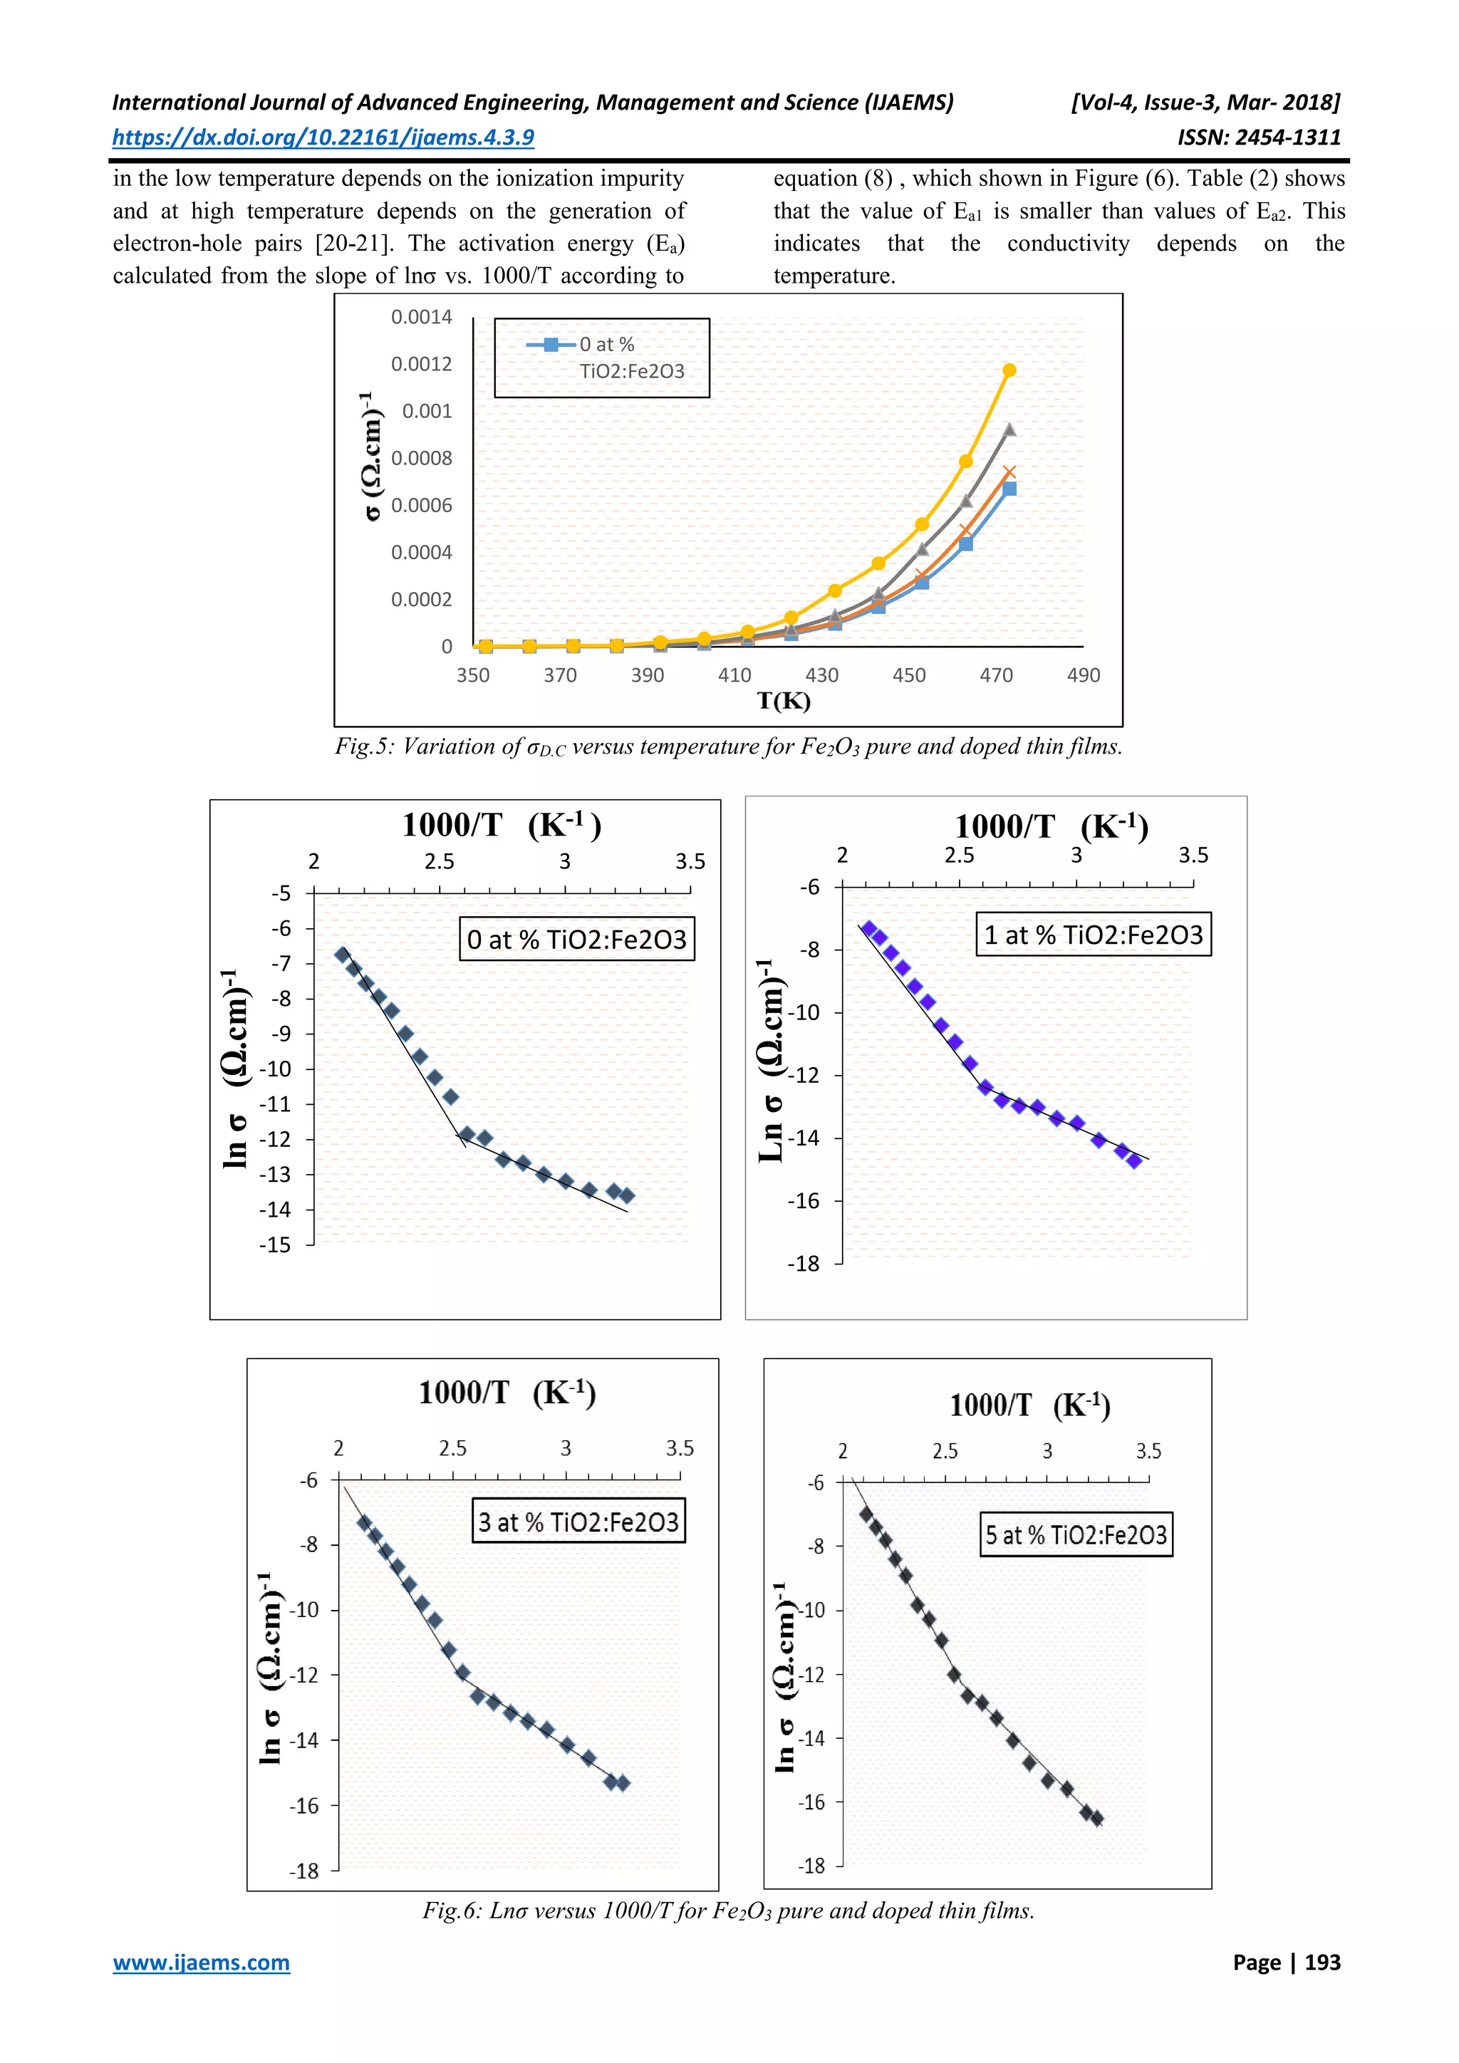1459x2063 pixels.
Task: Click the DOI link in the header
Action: (x=323, y=137)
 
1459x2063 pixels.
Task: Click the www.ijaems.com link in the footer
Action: (x=201, y=1963)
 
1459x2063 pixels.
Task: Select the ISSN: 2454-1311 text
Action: (x=1259, y=137)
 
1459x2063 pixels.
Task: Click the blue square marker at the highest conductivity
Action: (x=1009, y=489)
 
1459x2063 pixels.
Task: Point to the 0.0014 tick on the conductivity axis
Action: (x=421, y=317)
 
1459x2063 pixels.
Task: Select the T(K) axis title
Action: (x=784, y=701)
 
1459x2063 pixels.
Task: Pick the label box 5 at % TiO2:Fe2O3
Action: (x=1076, y=1534)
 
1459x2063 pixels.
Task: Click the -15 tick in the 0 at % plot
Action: (x=276, y=1245)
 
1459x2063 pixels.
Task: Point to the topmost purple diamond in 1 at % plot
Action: (x=868, y=928)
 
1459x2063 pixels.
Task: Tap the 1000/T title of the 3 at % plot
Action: (x=507, y=1393)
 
